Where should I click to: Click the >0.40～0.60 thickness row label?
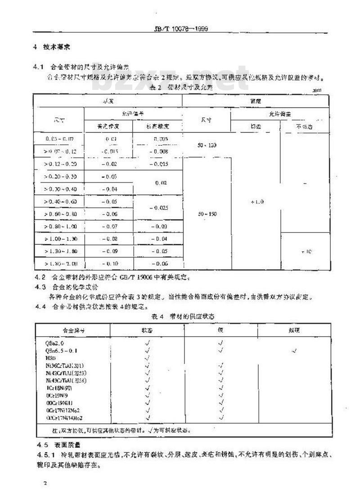click(x=58, y=202)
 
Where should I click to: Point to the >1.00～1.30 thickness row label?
click(x=58, y=238)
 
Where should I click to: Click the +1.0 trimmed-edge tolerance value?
click(x=255, y=202)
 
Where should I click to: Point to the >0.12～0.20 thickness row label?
click(x=58, y=165)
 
